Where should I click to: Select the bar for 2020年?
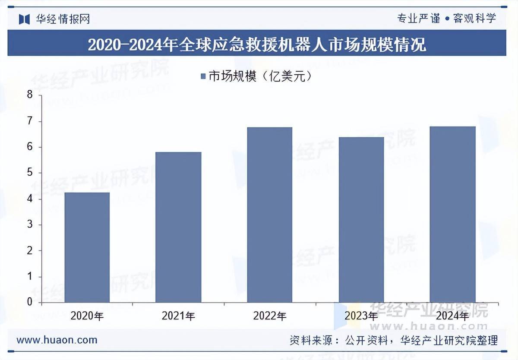[87, 247]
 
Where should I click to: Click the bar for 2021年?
[178, 227]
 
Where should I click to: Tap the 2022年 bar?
[270, 215]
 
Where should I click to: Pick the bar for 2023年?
[361, 220]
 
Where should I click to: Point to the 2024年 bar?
[453, 214]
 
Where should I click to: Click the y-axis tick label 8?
[30, 95]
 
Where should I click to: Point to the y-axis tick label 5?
[30, 173]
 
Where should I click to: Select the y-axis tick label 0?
[30, 302]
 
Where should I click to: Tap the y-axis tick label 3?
[30, 225]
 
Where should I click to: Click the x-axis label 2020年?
[87, 316]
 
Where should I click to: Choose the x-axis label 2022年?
[270, 316]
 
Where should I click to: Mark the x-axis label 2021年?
[178, 316]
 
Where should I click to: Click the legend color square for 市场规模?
[203, 77]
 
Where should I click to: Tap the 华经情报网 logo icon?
[24, 19]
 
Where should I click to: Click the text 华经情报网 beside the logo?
[63, 19]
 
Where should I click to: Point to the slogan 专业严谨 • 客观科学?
[446, 18]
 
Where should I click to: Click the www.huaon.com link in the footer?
[57, 340]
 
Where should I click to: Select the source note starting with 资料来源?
[393, 340]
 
